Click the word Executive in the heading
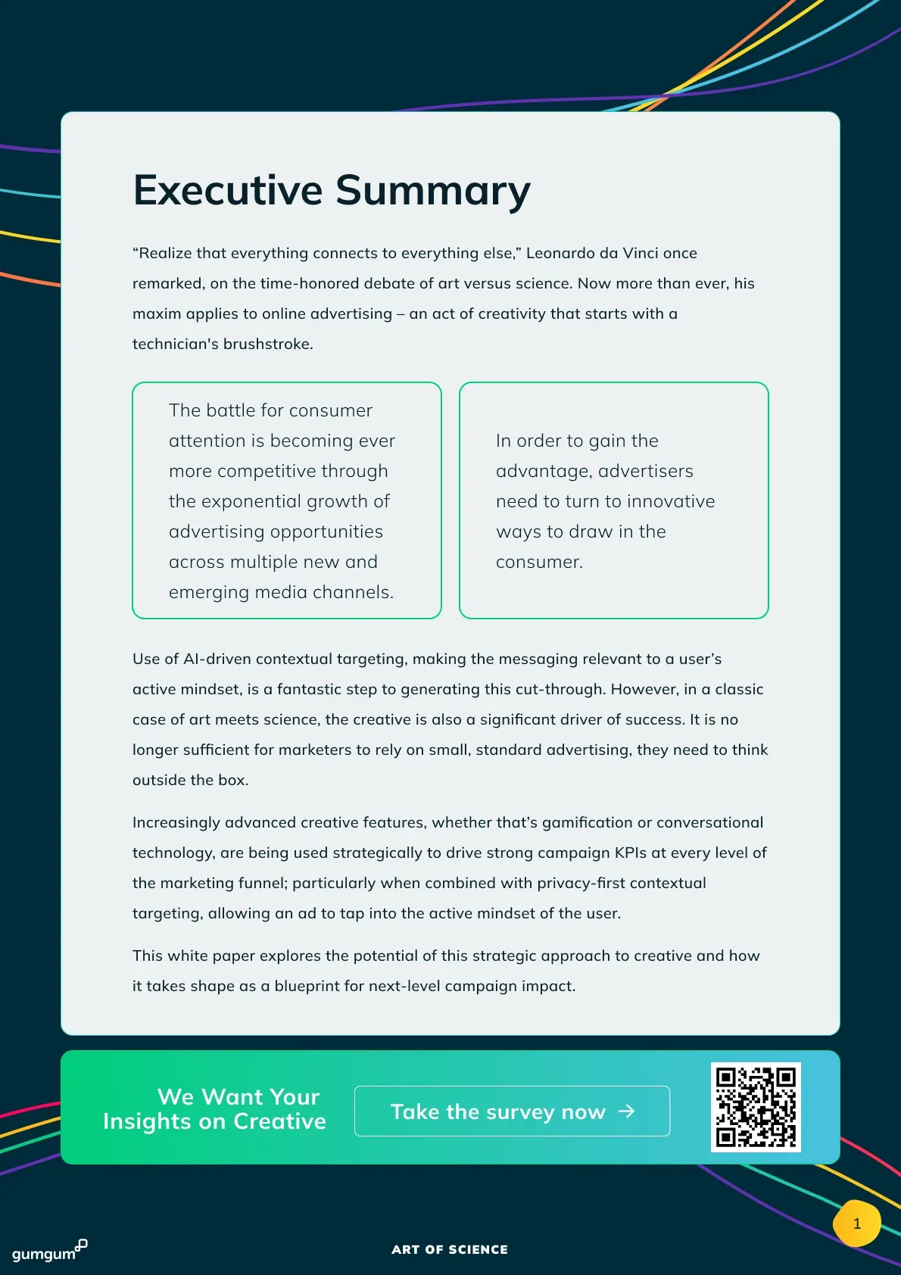click(x=228, y=190)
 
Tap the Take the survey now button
click(x=512, y=1111)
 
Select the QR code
click(x=756, y=1107)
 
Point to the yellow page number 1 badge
click(x=856, y=1224)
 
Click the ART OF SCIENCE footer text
click(x=450, y=1249)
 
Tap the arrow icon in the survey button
click(x=626, y=1111)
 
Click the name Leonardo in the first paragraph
click(x=560, y=253)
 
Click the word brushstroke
click(x=268, y=344)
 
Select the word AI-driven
click(x=216, y=659)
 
